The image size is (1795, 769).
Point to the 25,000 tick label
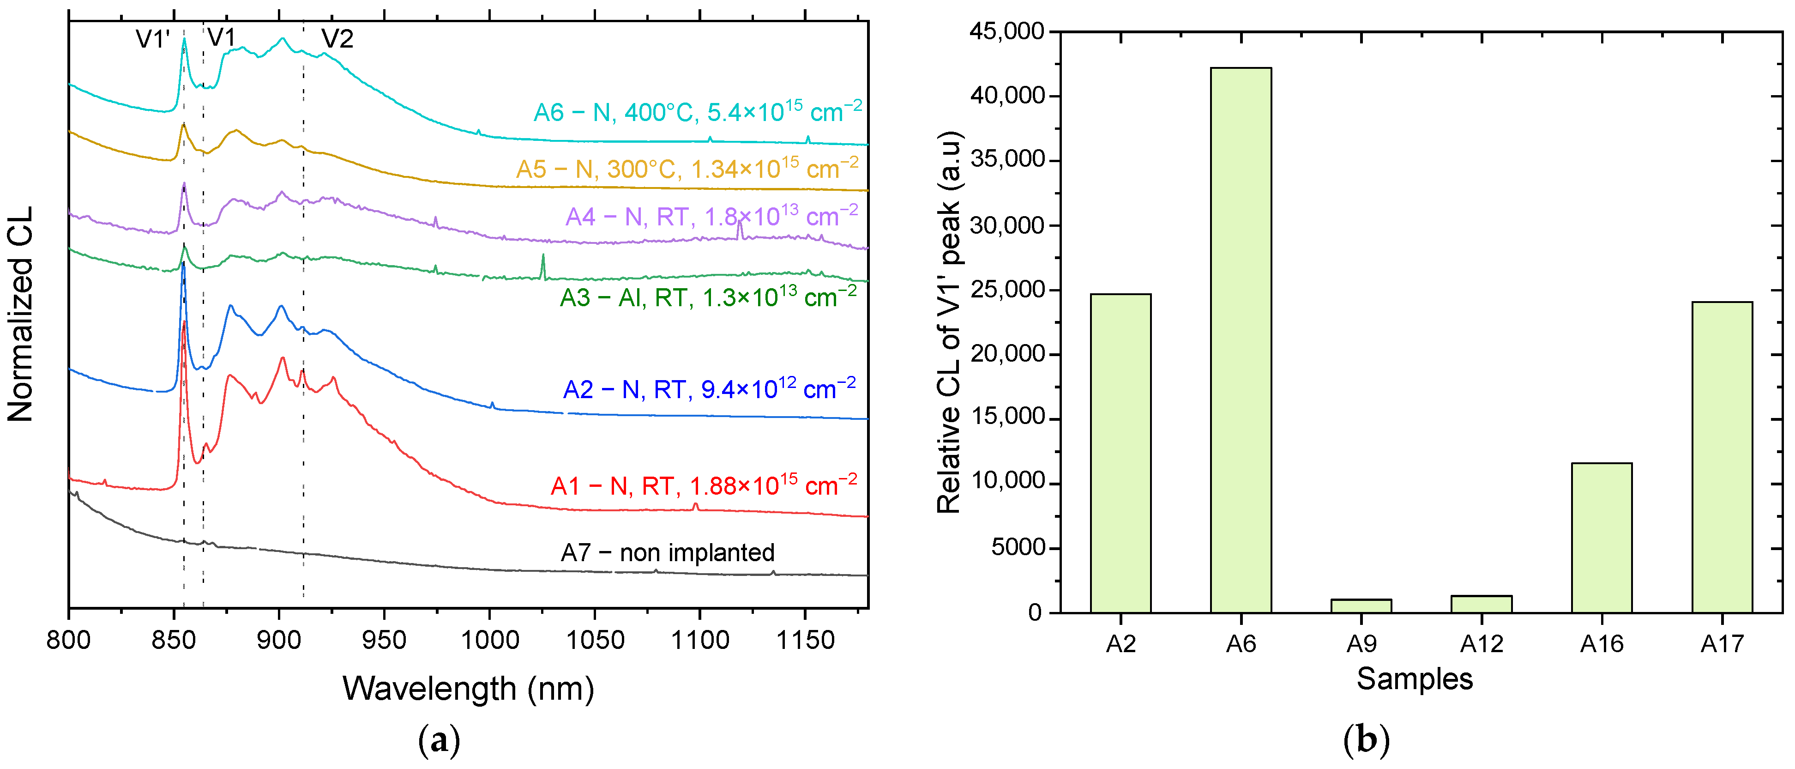pos(1007,289)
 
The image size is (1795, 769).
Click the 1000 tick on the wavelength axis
pos(489,639)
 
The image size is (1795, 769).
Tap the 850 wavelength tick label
pos(174,639)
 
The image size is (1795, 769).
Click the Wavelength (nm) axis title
pos(468,688)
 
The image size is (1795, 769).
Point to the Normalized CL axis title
pos(20,314)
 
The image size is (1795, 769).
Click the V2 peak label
pos(337,38)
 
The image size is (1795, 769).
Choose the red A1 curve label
pos(703,484)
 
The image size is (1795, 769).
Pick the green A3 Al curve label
pos(708,297)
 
